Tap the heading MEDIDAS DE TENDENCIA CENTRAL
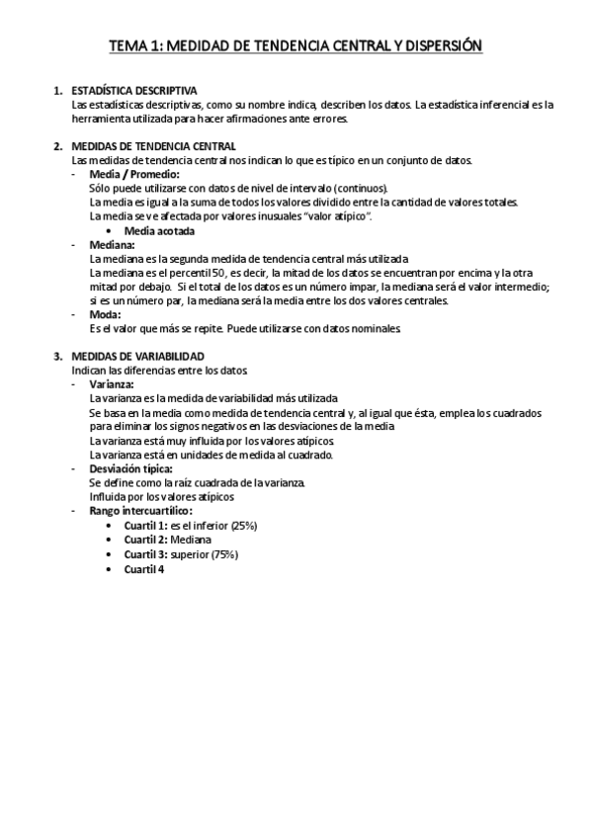click(153, 146)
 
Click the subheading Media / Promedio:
click(134, 174)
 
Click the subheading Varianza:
click(112, 383)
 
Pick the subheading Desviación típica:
click(131, 467)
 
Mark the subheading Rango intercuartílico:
click(140, 510)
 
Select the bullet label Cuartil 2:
click(146, 541)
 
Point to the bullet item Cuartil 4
click(143, 569)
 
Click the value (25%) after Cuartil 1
click(240, 526)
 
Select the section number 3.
click(57, 356)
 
